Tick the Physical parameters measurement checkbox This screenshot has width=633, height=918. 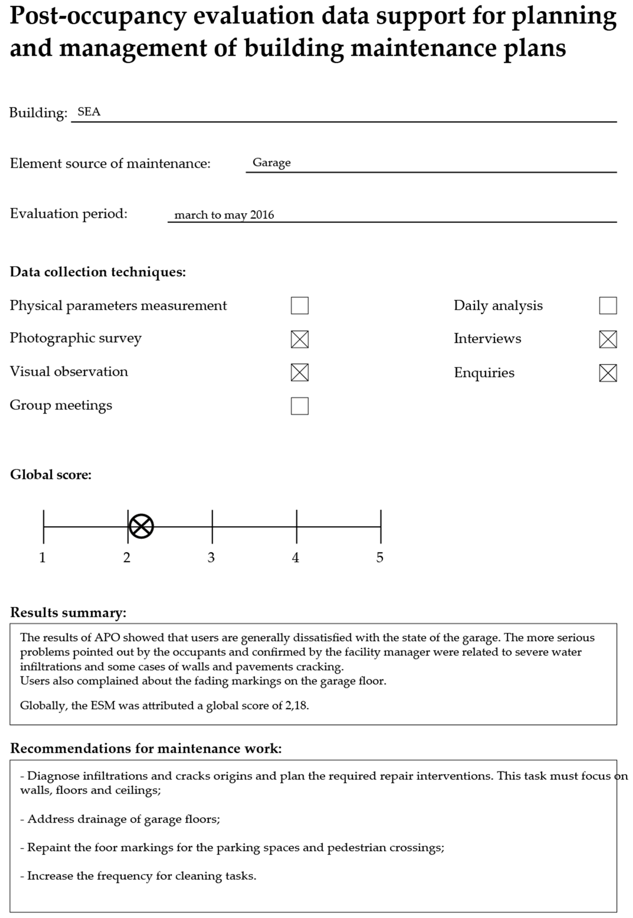pos(299,305)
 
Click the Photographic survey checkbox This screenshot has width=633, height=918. pos(299,339)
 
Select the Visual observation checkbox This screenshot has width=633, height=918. pos(299,372)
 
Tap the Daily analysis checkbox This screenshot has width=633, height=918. pos(608,305)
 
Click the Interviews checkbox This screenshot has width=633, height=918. pos(608,339)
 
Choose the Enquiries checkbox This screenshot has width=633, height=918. pos(608,373)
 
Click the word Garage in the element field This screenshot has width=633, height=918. pos(271,163)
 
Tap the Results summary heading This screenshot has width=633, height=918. pos(68,612)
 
